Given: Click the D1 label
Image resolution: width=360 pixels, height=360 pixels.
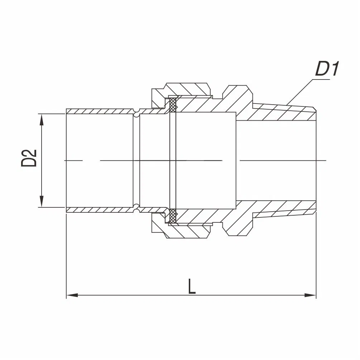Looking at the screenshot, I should click(x=327, y=69).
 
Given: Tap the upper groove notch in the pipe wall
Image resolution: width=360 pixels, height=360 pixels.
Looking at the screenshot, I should click(x=136, y=112).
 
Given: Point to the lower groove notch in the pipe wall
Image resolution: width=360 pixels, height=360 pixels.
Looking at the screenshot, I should click(x=136, y=209).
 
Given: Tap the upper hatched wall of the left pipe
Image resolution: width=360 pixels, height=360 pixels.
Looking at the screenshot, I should click(x=100, y=111).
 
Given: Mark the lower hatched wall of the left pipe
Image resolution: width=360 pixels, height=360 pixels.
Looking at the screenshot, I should click(x=100, y=210).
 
